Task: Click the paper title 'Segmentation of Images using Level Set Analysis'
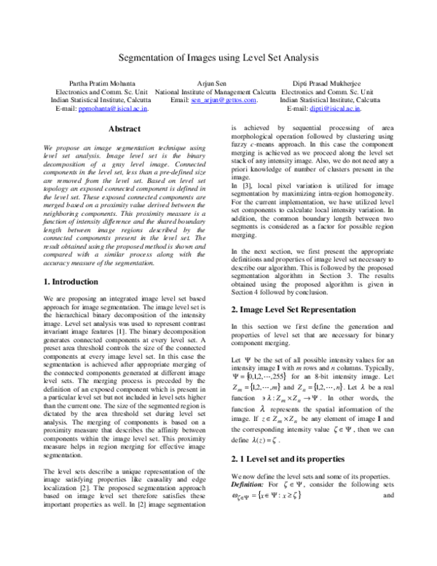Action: (x=219, y=62)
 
